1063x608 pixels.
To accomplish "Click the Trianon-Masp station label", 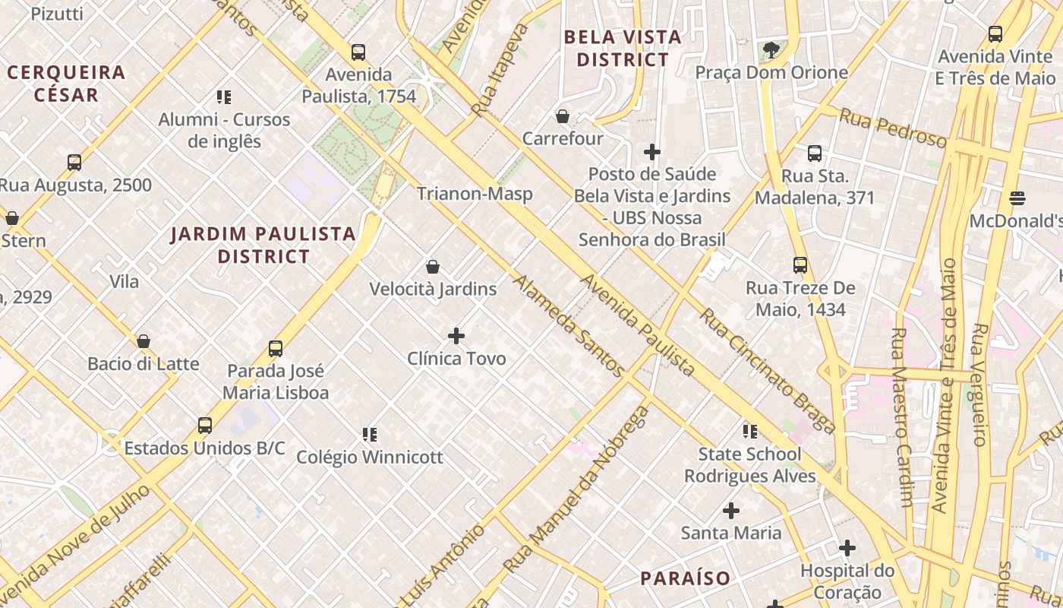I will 475,194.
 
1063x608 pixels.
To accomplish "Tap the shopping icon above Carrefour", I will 563,116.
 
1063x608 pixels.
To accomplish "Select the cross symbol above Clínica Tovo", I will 456,335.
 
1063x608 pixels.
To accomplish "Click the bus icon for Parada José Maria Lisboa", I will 276,349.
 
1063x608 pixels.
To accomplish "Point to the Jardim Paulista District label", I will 263,245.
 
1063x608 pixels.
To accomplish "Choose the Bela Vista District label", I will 623,48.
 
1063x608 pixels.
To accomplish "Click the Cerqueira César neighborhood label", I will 66,84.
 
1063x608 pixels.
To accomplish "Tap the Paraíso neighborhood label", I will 685,578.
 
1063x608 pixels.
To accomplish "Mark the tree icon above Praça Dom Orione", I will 771,50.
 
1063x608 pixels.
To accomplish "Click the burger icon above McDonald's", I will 1017,198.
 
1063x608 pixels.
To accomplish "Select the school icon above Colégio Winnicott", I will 370,435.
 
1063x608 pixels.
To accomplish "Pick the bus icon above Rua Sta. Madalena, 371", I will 815,154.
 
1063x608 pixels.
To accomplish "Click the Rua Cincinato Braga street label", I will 767,370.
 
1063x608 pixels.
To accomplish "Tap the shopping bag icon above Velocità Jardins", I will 433,267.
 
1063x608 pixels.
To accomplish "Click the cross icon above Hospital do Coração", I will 847,548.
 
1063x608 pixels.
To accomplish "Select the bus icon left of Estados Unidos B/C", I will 205,426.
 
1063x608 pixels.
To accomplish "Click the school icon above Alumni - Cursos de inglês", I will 223,97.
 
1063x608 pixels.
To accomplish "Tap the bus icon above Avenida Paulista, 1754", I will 358,52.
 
